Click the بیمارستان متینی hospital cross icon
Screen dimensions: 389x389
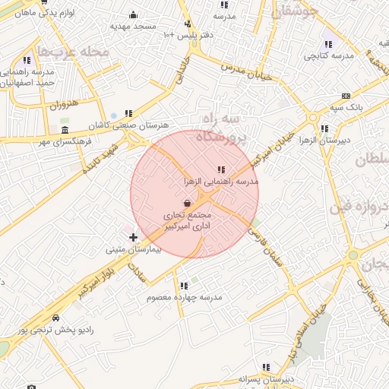point(134,238)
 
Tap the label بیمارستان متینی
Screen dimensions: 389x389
point(134,249)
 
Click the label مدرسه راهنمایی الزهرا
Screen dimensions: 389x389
point(221,182)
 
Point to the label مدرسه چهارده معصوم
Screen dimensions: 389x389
point(184,297)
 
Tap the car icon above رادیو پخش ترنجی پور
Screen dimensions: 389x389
point(55,318)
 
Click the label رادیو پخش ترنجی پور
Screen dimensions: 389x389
point(55,330)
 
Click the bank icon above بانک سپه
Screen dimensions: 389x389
point(346,96)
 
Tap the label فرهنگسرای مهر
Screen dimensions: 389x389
point(66,141)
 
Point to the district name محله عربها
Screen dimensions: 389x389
point(73,52)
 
